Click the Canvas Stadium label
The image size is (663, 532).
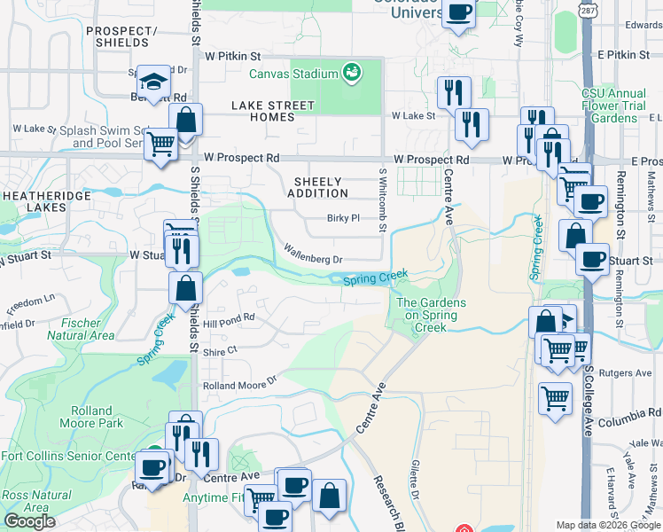(293, 74)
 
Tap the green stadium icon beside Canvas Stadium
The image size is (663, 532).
(352, 71)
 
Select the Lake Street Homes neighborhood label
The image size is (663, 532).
(273, 111)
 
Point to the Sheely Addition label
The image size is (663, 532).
(317, 187)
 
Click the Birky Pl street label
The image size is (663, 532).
(342, 218)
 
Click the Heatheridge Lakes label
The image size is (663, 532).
(34, 200)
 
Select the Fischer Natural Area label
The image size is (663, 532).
(80, 330)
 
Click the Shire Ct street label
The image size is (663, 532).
(220, 351)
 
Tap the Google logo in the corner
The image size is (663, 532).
(29, 521)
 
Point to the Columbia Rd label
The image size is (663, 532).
(629, 412)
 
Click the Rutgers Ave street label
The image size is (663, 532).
(620, 373)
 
